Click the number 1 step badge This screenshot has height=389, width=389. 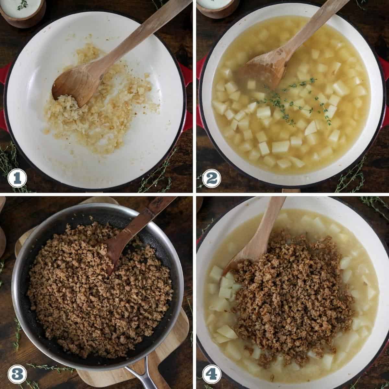click(17, 178)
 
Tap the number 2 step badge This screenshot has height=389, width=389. click(212, 178)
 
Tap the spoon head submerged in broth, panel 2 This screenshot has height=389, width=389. click(263, 71)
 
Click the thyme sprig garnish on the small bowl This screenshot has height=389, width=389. click(22, 5)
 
